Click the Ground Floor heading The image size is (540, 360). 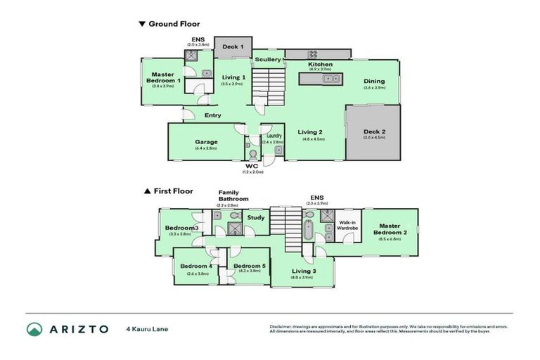(174, 24)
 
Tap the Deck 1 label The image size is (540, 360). (233, 47)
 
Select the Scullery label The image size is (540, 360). (268, 60)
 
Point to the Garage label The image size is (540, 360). (206, 141)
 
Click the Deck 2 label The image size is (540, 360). (375, 131)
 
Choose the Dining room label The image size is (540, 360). (375, 81)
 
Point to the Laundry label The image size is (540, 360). (274, 136)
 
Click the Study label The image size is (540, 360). (257, 218)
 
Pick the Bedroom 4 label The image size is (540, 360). (196, 266)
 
